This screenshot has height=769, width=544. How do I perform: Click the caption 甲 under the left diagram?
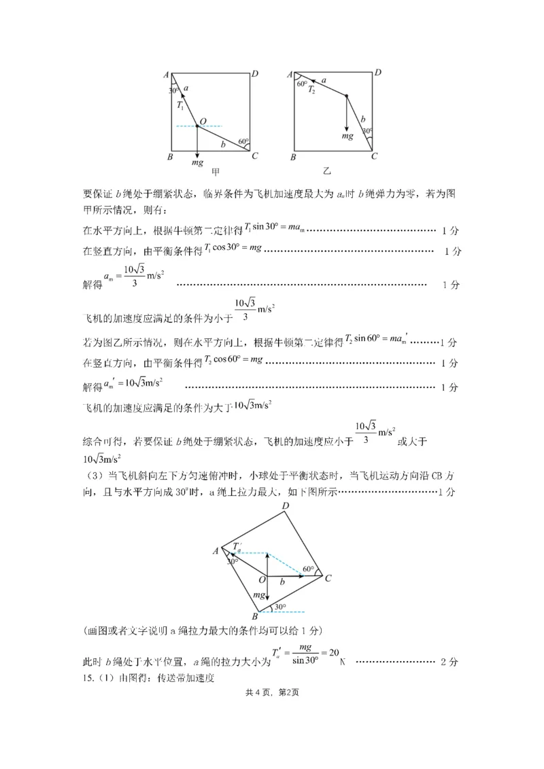[216, 172]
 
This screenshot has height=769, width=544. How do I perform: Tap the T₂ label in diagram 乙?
[311, 89]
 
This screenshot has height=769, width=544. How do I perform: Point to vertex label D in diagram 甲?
[254, 73]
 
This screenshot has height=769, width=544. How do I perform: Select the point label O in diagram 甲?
[203, 120]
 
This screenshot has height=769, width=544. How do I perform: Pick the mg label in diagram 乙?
[347, 136]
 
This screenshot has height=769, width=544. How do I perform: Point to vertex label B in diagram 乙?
[292, 158]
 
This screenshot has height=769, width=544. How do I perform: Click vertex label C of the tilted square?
[328, 578]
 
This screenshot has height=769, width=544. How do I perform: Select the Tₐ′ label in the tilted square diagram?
[237, 546]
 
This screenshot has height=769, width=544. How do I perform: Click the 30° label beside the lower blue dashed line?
[279, 607]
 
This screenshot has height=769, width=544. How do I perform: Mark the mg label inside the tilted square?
[259, 594]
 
